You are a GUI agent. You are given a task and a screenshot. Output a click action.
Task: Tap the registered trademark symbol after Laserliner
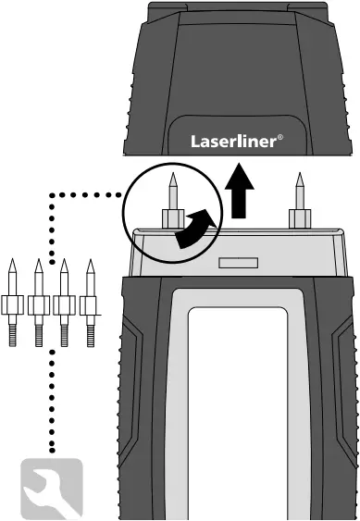(x=280, y=137)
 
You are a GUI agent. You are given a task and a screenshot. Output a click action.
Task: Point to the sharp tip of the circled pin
(x=171, y=175)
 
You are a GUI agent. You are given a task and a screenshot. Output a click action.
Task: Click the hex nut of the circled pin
(x=171, y=218)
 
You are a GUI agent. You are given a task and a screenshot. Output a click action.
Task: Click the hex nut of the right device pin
(x=298, y=218)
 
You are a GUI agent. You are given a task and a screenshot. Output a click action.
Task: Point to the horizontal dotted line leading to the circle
(x=88, y=194)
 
